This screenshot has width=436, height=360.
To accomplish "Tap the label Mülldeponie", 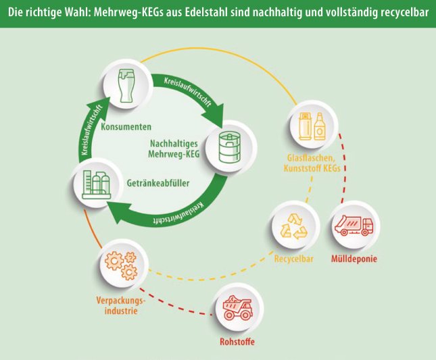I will coord(354,259).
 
